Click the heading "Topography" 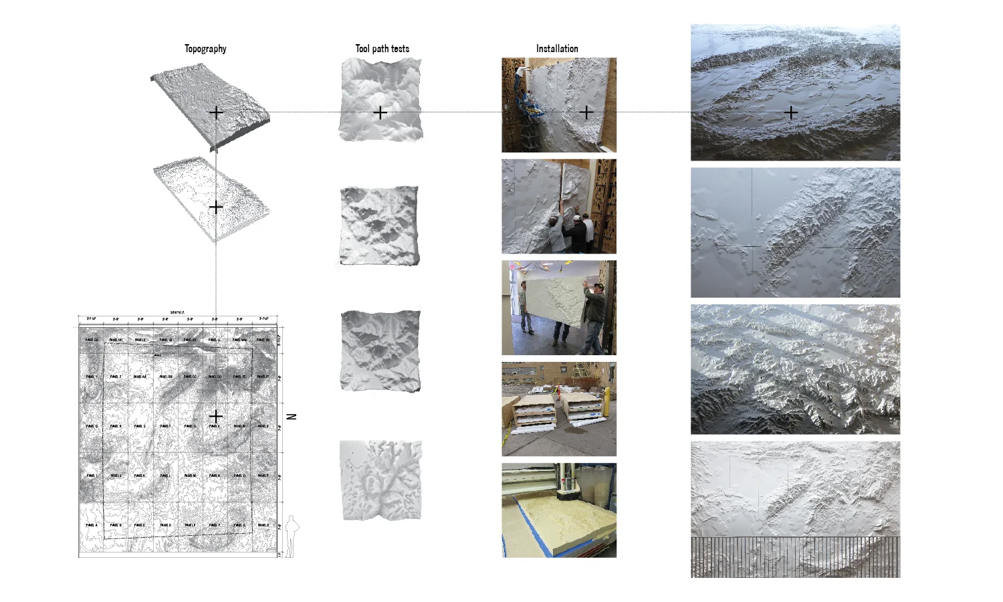(205, 49)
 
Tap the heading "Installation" (557, 49)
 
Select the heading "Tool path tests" (382, 49)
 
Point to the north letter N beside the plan (291, 417)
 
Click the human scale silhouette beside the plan (292, 536)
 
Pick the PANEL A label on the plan (92, 525)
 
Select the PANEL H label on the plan (263, 525)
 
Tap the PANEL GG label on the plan (92, 340)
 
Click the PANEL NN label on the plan (263, 340)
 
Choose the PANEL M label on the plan (190, 476)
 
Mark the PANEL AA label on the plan (140, 377)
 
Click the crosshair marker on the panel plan (215, 416)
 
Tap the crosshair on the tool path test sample (380, 112)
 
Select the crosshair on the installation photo (586, 112)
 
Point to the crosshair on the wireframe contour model (215, 207)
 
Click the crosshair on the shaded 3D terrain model (215, 112)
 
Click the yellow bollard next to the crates (607, 402)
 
